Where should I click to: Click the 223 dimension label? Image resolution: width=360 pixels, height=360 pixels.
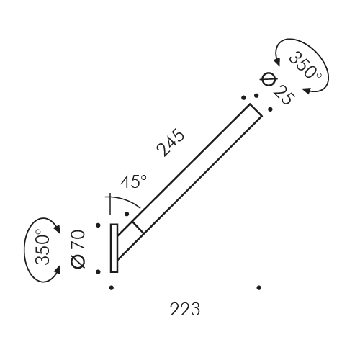[185, 310]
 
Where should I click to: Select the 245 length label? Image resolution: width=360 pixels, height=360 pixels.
[171, 143]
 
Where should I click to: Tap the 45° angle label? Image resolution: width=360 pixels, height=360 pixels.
[133, 182]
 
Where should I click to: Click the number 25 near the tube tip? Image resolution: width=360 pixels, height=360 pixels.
[282, 94]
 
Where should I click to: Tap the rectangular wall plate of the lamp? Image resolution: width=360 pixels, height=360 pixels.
[114, 248]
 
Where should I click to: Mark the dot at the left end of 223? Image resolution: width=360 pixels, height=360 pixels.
[111, 287]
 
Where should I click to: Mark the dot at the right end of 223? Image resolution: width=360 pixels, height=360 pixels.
[258, 287]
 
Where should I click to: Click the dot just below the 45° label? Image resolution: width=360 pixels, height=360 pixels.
[127, 213]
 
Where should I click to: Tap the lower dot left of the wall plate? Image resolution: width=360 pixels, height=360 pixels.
[96, 271]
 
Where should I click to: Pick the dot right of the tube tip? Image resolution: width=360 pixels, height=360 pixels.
[269, 109]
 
